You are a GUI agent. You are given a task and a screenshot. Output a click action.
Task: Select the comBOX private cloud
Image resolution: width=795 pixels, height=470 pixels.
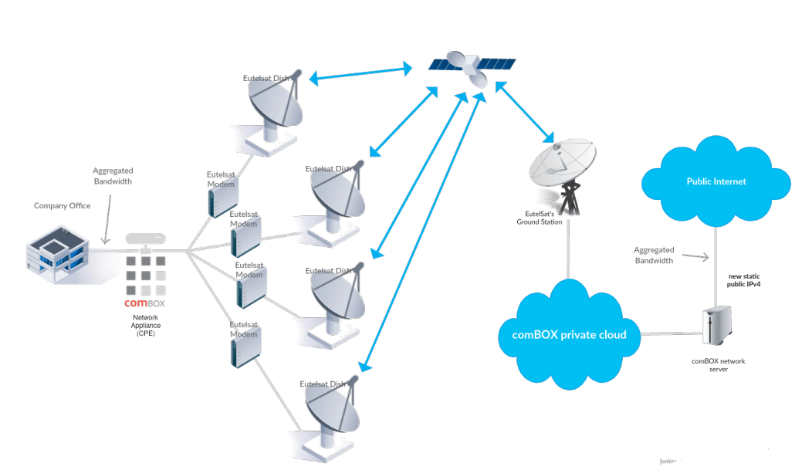[x=568, y=333]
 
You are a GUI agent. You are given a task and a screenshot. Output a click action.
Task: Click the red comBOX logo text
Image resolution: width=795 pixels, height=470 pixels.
[x=136, y=303]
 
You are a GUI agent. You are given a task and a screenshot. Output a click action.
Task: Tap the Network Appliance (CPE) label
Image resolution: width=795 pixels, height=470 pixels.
[x=145, y=325]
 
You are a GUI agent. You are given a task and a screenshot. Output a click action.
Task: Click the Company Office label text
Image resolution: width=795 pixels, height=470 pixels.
[x=62, y=206]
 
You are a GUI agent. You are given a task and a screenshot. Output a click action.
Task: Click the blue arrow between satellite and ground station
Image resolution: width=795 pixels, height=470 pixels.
[x=525, y=113]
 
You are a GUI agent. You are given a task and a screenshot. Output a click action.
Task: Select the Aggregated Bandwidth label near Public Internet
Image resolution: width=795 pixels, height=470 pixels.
[x=654, y=255]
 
